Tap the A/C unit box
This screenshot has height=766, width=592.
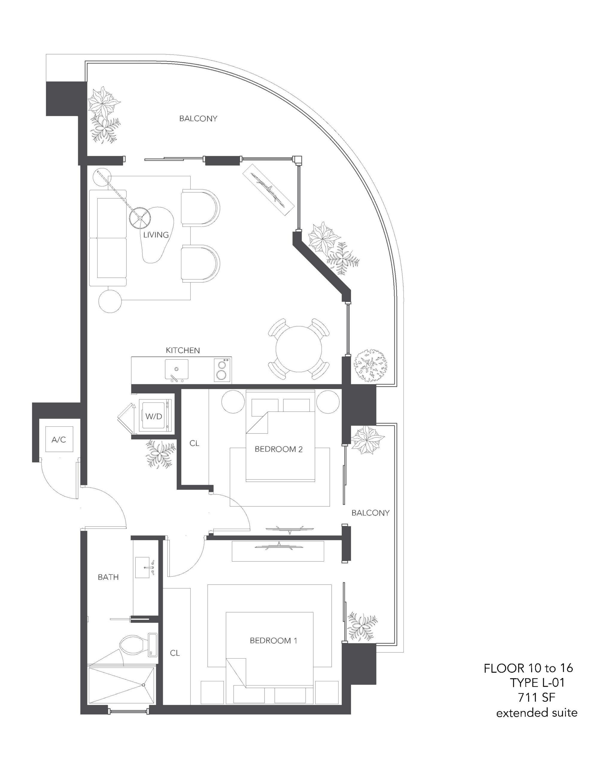59,440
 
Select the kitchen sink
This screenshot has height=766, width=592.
177,369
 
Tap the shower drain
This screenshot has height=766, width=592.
144,685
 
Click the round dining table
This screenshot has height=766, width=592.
299,349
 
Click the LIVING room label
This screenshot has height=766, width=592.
156,235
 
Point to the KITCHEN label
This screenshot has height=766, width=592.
183,350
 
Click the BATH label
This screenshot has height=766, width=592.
108,577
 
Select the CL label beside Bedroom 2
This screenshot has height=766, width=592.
195,443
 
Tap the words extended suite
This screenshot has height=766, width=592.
537,713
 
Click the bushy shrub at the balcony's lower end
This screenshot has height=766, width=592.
371,365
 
